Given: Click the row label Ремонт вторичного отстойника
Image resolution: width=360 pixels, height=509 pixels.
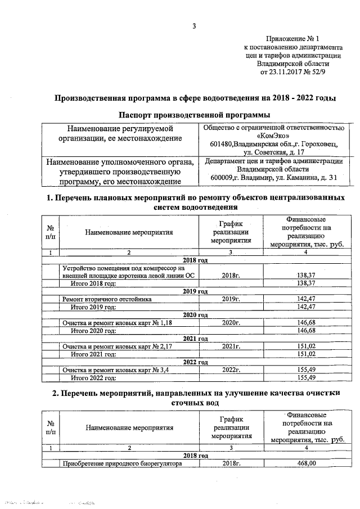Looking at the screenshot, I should pyautogui.click(x=107, y=299).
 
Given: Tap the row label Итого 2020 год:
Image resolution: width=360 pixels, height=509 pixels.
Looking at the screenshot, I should pyautogui.click(x=93, y=331).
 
